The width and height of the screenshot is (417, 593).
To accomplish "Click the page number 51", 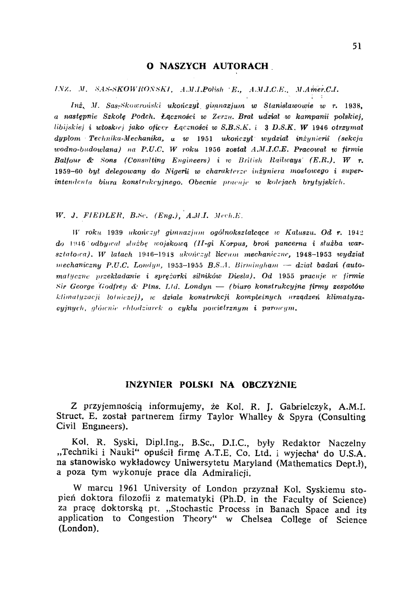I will (357, 46).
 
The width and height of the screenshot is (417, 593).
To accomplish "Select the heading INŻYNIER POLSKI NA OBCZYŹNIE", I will (211, 385).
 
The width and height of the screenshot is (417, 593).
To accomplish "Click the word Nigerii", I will (180, 171).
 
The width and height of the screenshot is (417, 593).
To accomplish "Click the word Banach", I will (286, 509).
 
